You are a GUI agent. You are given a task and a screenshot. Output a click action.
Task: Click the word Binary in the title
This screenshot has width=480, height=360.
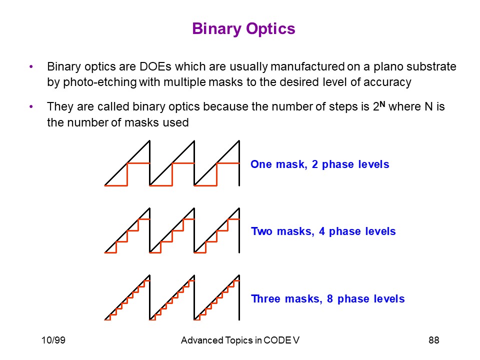[216, 29]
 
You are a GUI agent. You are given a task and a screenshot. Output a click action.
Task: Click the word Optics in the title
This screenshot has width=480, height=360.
[270, 29]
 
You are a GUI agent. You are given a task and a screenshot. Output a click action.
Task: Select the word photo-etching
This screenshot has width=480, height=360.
[100, 82]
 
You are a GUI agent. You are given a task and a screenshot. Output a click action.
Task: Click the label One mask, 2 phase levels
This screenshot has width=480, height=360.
[320, 164]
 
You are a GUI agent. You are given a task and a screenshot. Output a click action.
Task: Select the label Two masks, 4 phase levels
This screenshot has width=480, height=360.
[323, 231]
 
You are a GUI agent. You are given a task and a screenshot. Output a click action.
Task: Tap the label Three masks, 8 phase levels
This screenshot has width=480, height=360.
[328, 299]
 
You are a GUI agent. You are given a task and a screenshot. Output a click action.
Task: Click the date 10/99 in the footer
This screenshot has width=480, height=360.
[53, 340]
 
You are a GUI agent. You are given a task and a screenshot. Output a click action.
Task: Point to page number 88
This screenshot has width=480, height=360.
[434, 340]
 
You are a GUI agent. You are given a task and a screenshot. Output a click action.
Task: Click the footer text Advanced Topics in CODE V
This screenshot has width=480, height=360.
[240, 340]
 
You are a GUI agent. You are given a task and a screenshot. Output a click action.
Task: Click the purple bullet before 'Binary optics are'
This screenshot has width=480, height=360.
[31, 66]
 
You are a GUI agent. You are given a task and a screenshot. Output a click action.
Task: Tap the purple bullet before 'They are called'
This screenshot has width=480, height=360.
[31, 107]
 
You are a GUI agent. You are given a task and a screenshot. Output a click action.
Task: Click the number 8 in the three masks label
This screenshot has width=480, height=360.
[329, 299]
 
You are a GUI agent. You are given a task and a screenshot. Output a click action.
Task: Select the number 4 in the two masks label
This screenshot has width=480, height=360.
[321, 231]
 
